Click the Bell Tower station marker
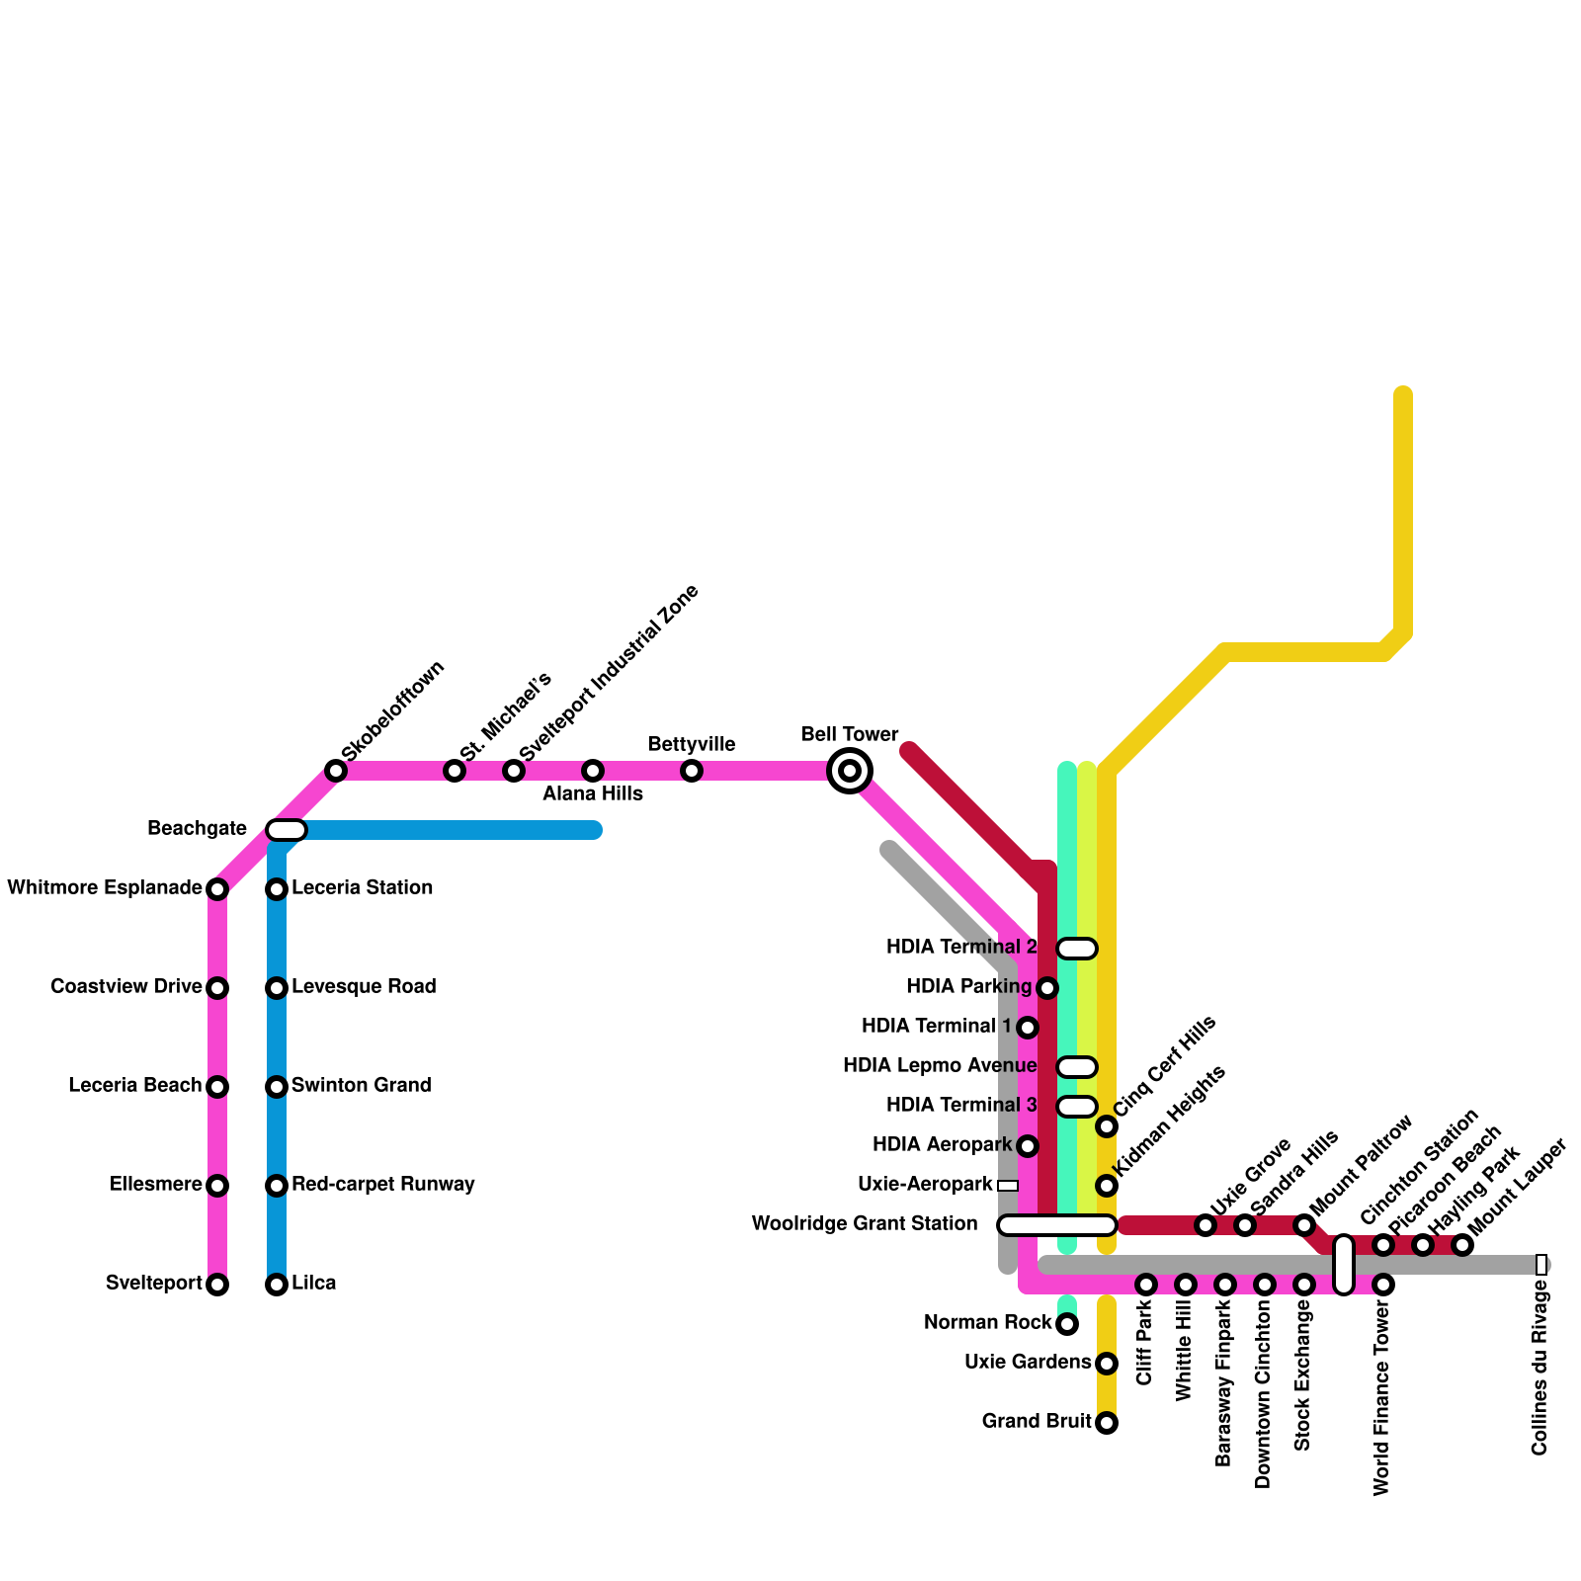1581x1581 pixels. point(850,771)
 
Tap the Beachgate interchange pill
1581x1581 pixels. point(287,830)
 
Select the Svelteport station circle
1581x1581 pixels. point(217,1285)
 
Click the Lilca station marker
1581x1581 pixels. point(277,1285)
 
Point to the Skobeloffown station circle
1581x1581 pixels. point(336,771)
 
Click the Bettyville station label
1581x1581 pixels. point(691,744)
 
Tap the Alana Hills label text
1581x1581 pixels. point(593,794)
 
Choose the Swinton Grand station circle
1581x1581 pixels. point(277,1087)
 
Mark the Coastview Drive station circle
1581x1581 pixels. point(217,988)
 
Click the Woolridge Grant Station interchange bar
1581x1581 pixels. point(1057,1225)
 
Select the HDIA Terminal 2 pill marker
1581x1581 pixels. point(1077,949)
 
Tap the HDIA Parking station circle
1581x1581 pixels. point(1047,988)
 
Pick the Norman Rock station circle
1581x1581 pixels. point(1067,1324)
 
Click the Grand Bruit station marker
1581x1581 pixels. point(1107,1423)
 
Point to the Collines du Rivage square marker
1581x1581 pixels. point(1541,1265)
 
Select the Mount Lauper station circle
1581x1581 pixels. point(1462,1245)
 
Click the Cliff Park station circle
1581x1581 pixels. point(1146,1285)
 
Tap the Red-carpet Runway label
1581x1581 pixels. point(382,1185)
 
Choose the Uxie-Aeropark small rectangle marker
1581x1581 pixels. point(1008,1186)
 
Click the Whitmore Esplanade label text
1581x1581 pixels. point(104,888)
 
